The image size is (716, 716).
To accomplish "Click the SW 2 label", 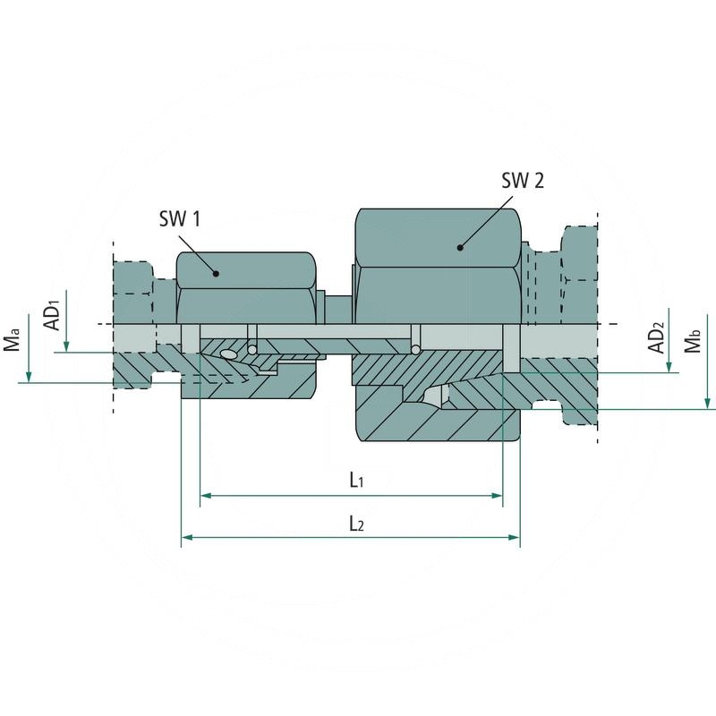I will click(x=522, y=181).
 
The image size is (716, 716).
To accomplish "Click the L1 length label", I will click(x=355, y=481).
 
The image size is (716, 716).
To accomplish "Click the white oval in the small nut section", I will click(x=228, y=355).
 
